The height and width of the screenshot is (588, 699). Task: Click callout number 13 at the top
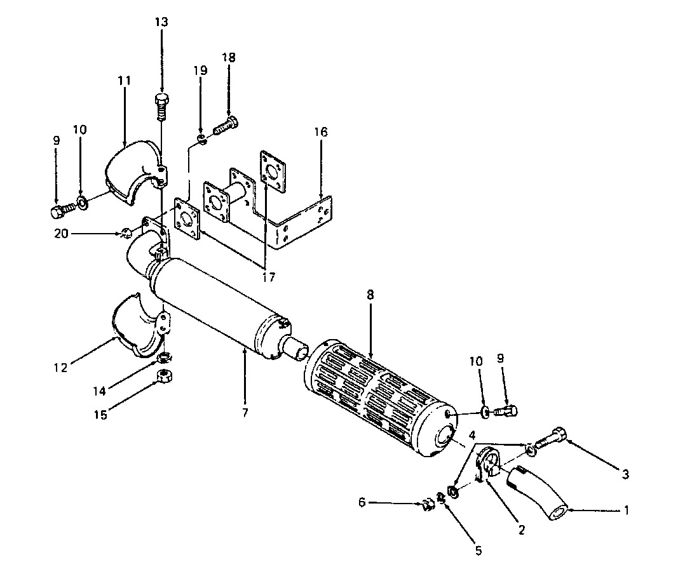[161, 22]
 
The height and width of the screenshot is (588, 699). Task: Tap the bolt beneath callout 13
[163, 107]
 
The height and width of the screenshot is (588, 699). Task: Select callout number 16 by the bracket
[320, 132]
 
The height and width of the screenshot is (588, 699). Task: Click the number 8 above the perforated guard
[370, 295]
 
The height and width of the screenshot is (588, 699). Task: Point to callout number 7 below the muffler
[245, 413]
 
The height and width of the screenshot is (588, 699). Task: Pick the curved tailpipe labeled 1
[537, 491]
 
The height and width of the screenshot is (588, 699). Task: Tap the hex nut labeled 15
[165, 377]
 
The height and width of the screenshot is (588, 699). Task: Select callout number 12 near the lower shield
[60, 368]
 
